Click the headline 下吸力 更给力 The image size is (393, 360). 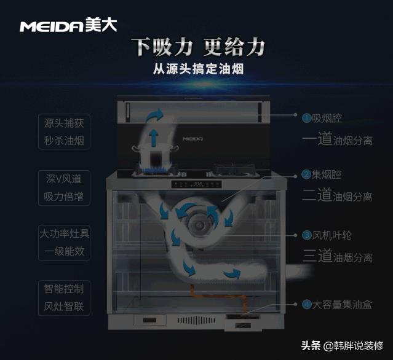(x=199, y=47)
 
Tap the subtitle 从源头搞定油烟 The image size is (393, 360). (x=199, y=69)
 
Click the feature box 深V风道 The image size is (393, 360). (x=64, y=178)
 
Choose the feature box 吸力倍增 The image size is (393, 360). (x=64, y=198)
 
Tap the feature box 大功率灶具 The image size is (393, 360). (x=64, y=234)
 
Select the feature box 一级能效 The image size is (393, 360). (x=64, y=252)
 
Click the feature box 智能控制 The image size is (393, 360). (x=64, y=288)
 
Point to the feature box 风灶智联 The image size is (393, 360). (x=64, y=306)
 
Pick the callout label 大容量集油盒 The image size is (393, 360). (x=341, y=304)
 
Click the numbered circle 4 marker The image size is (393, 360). (x=306, y=304)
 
